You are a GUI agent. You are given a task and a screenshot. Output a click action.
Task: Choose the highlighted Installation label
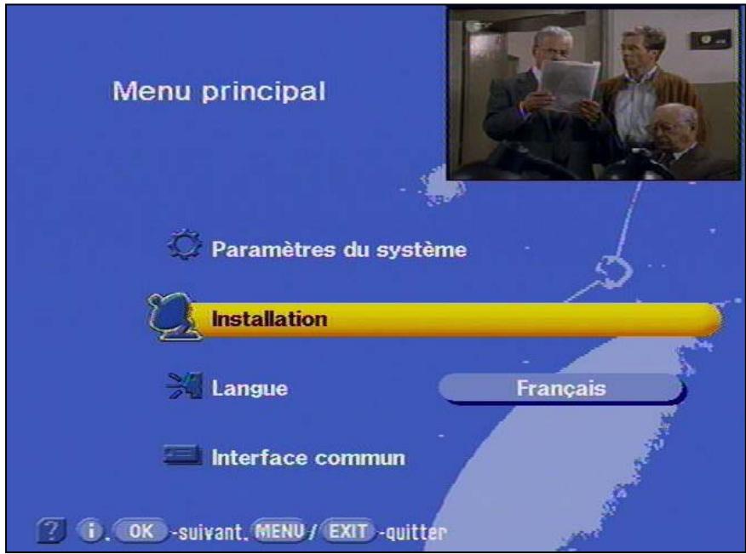click(x=269, y=320)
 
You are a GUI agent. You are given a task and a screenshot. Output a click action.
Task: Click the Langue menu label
click(x=250, y=389)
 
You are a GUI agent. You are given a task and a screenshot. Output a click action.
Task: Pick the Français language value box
click(x=561, y=388)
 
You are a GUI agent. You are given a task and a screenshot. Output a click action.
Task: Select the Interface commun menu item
click(x=308, y=458)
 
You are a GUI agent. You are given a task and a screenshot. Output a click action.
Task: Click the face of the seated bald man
click(x=674, y=124)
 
